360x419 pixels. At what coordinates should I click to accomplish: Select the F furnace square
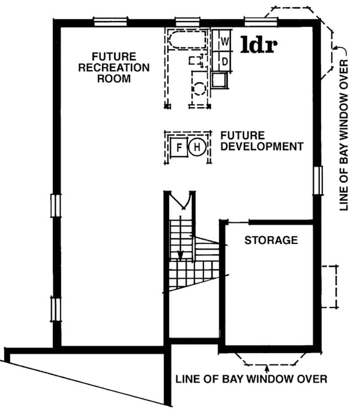point(179,147)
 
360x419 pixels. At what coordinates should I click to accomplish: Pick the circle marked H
point(197,147)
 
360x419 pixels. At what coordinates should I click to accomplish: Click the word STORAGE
point(271,240)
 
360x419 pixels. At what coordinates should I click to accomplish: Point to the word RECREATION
point(114,68)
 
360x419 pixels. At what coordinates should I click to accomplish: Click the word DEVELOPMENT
point(261,147)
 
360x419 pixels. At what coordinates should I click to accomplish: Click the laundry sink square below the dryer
point(220,80)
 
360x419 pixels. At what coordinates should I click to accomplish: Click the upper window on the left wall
point(55,205)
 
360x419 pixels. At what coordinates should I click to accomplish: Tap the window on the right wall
point(318,179)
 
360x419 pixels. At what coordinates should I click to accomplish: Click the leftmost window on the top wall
point(111,20)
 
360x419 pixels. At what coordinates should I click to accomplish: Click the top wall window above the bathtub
point(184,20)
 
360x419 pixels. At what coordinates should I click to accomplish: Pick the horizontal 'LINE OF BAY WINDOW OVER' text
point(251,379)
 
